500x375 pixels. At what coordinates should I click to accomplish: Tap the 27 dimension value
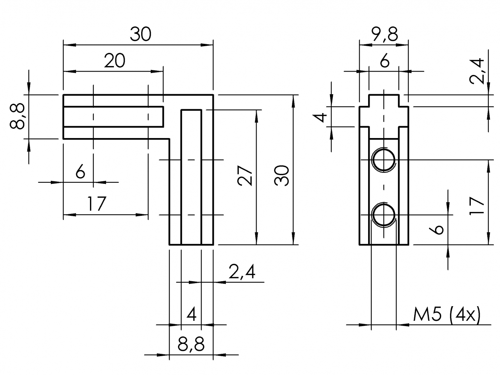pyautogui.click(x=246, y=177)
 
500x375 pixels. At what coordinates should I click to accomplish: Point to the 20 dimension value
pyautogui.click(x=115, y=61)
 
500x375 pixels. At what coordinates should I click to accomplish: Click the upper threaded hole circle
pyautogui.click(x=383, y=160)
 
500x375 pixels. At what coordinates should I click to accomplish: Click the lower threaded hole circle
pyautogui.click(x=383, y=215)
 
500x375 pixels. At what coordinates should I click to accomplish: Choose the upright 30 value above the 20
pyautogui.click(x=140, y=35)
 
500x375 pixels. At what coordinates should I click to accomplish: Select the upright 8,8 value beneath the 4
pyautogui.click(x=191, y=345)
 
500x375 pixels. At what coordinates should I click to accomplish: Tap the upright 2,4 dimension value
pyautogui.click(x=242, y=272)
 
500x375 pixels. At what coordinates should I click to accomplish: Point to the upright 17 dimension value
pyautogui.click(x=95, y=204)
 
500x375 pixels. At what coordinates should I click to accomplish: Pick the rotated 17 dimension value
pyautogui.click(x=477, y=207)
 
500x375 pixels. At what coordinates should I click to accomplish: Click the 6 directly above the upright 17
pyautogui.click(x=80, y=172)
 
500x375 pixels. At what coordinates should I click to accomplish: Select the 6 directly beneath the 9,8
pyautogui.click(x=385, y=61)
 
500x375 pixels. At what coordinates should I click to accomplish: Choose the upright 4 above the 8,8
pyautogui.click(x=191, y=315)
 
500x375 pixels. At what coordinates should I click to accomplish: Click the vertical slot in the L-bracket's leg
pyautogui.click(x=191, y=177)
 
